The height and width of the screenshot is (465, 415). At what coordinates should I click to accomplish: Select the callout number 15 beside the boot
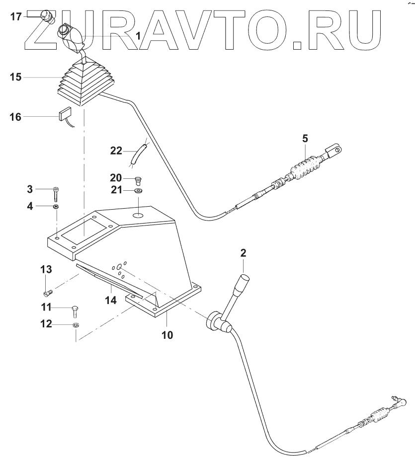pos(15,78)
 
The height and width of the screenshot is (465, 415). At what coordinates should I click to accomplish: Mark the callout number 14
pos(111,300)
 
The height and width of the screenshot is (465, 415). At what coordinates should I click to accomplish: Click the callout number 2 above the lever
pos(243,253)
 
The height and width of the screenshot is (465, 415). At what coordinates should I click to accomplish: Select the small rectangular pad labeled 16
pos(65,116)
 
